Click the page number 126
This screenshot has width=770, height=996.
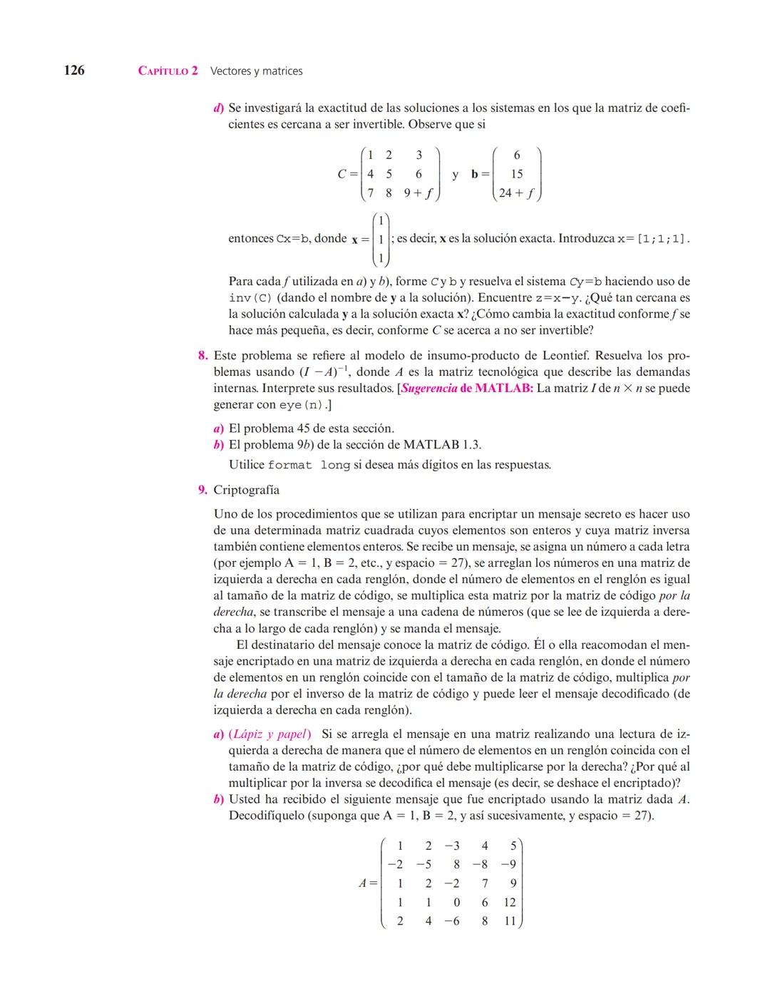(74, 70)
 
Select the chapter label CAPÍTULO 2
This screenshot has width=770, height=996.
(168, 71)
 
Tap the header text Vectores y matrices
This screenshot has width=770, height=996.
(257, 71)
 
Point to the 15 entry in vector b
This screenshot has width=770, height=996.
(517, 174)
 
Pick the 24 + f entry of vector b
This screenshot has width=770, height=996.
(517, 193)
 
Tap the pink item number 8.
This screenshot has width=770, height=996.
(202, 356)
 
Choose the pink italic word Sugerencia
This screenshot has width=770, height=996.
(429, 389)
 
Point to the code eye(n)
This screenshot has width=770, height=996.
(302, 405)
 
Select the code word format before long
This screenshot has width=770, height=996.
(290, 466)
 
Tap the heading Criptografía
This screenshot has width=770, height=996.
(247, 491)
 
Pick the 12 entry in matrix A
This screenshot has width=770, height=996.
(510, 903)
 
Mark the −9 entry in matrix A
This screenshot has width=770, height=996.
(508, 865)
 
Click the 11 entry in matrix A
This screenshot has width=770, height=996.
(510, 921)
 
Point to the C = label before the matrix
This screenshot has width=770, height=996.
(347, 174)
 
